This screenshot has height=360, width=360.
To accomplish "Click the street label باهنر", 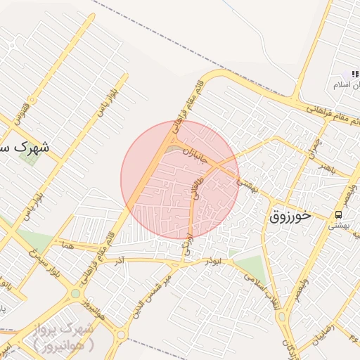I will [x=326, y=168].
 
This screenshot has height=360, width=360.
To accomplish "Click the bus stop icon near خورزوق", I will [x=339, y=214].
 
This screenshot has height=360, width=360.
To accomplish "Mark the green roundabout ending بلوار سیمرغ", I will [x=75, y=293].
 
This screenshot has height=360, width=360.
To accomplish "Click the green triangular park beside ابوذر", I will [x=250, y=268].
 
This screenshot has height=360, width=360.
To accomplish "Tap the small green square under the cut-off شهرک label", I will [x=30, y=157].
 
